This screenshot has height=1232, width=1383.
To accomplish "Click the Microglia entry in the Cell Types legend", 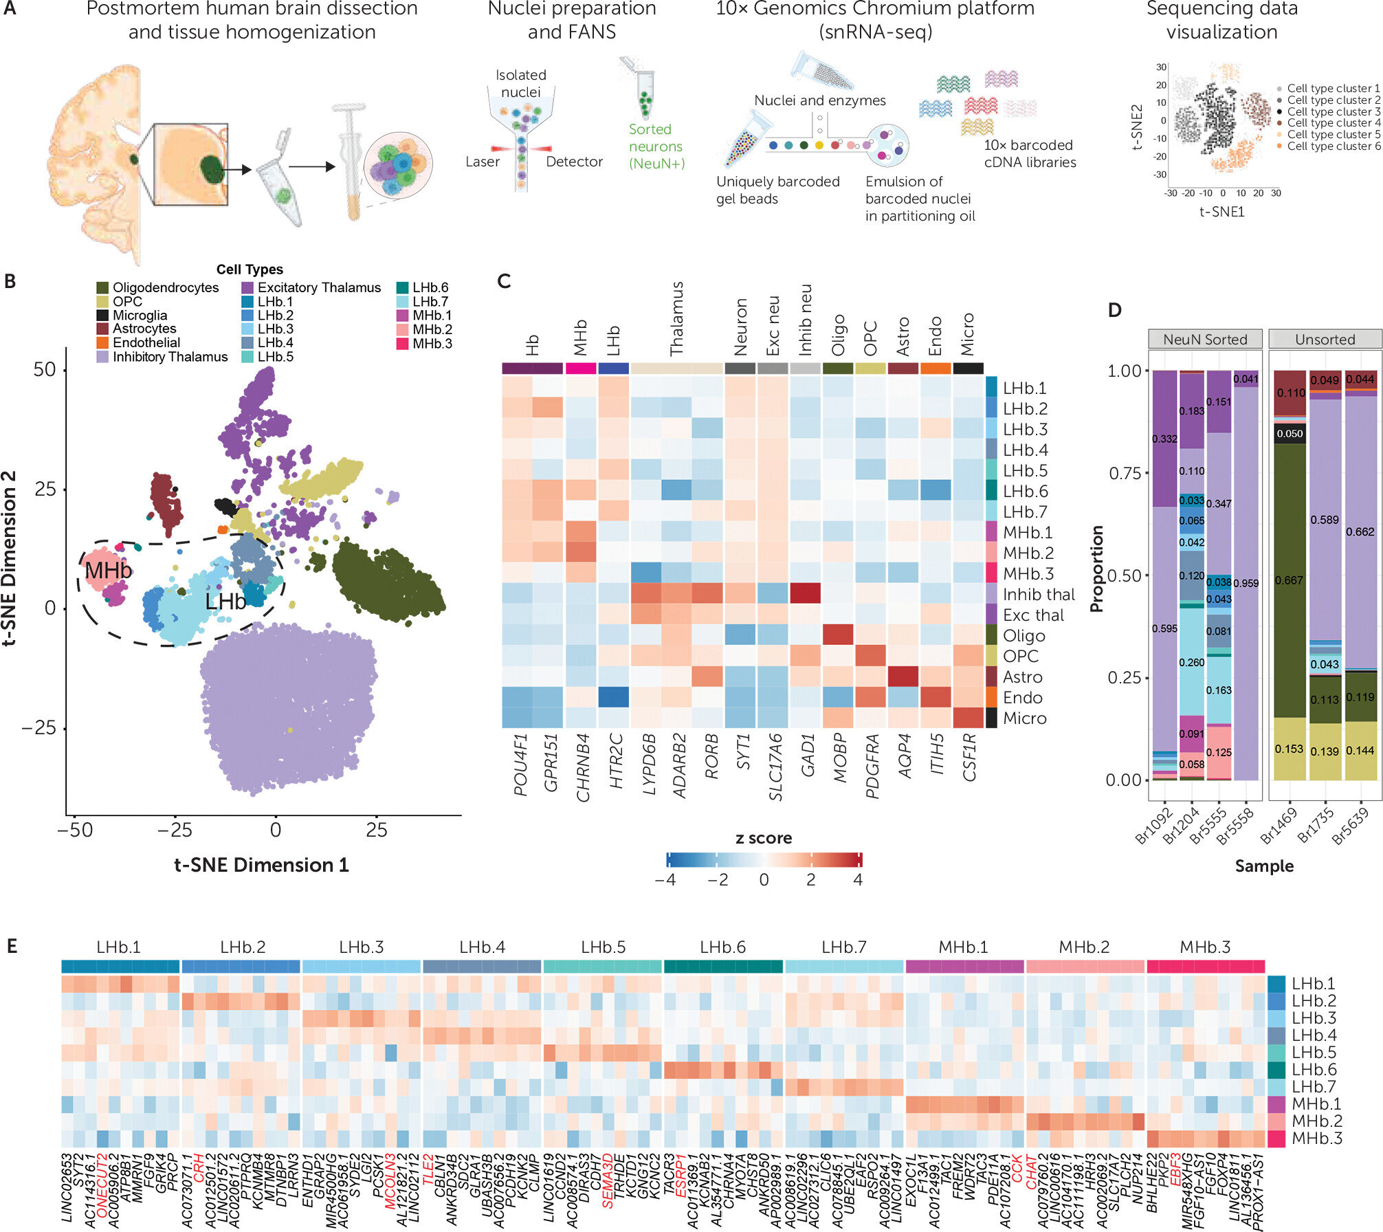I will point(140,316).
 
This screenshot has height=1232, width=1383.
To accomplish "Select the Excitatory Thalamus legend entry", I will point(319,288).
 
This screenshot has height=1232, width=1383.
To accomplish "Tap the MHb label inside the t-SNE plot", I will point(108,571).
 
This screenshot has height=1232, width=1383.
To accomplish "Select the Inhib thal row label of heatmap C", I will point(1038,595).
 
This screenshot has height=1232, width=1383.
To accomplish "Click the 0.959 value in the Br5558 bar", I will point(1246,583).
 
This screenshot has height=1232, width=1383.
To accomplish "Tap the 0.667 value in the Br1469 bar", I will point(1289,580).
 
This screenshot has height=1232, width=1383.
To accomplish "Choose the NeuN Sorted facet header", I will point(1205,340).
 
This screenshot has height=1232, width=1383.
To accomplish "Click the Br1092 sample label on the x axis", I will point(1154,825).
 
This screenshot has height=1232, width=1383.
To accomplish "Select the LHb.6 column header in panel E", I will point(722,947).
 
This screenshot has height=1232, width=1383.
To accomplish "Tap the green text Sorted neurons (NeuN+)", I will point(656,146).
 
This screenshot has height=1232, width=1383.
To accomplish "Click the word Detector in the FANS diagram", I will point(574,162).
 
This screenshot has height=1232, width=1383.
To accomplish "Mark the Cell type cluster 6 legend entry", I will point(1333,146).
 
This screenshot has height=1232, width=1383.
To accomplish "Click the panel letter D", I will point(1114,310).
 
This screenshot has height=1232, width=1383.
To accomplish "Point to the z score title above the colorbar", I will point(763,838).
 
